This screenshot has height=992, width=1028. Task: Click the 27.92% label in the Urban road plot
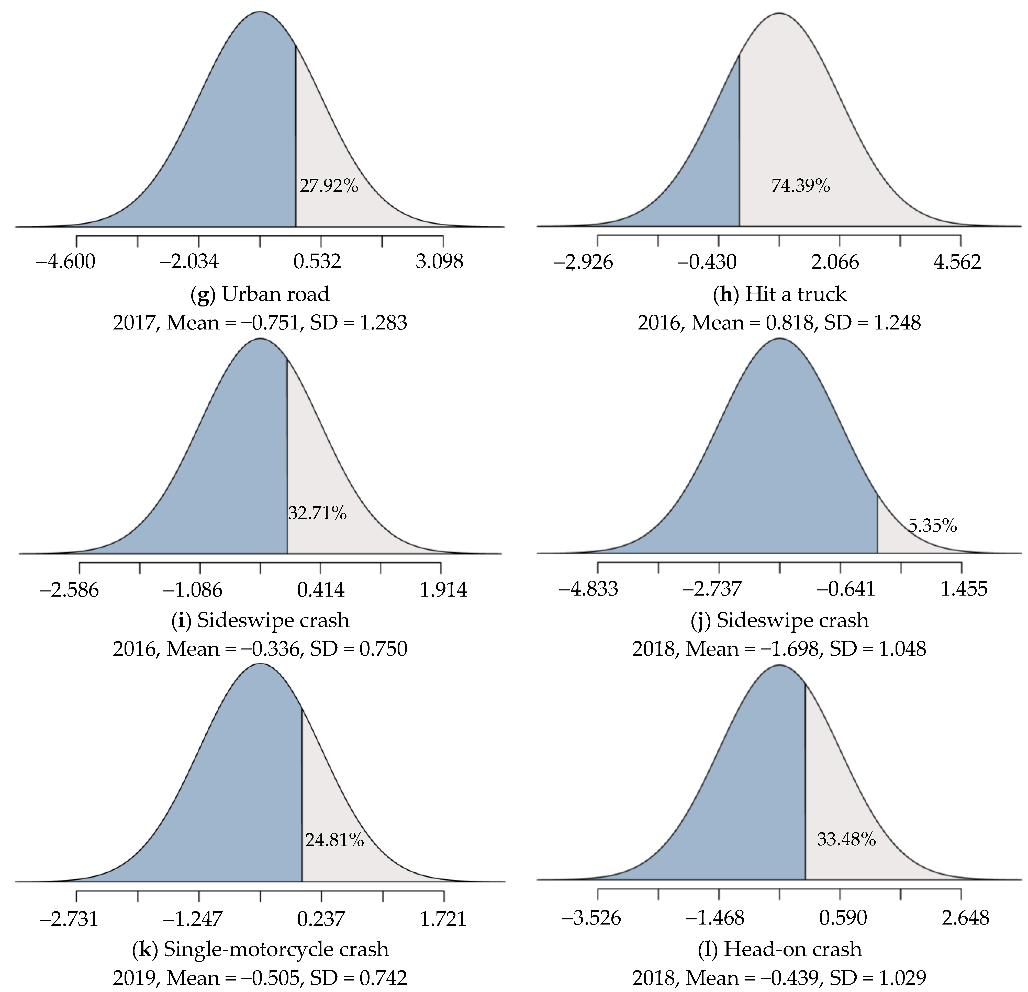[329, 186]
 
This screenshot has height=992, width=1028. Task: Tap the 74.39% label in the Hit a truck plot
[800, 186]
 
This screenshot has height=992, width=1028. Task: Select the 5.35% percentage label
[932, 525]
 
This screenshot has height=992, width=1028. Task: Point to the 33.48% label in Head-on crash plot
[846, 839]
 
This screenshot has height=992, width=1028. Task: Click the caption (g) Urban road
[260, 294]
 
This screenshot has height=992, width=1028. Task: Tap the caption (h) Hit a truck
[779, 294]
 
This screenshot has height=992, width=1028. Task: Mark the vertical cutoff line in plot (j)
[877, 524]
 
